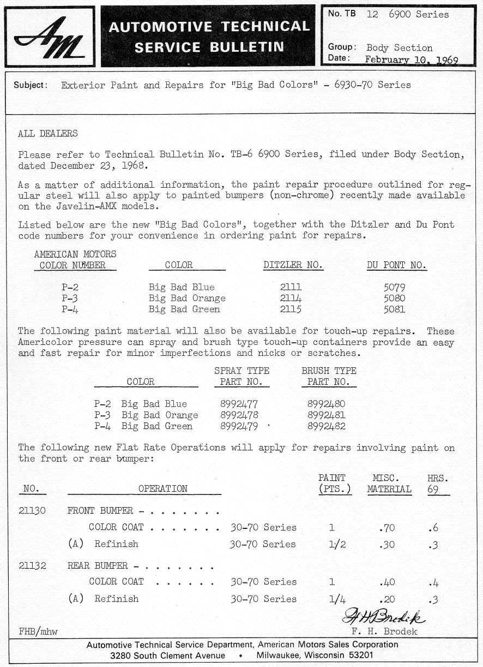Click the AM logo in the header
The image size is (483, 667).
50,37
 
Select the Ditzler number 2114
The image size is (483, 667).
290,298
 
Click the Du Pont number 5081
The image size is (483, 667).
394,309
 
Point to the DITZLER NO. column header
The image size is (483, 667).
293,265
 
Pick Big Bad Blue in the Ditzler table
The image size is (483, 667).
182,287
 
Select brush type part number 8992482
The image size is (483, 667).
326,426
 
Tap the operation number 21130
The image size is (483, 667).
32,511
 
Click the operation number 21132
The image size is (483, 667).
32,565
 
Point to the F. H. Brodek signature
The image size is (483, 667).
384,616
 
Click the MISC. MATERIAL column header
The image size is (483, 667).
389,484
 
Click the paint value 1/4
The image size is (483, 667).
337,599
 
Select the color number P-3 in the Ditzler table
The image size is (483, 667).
73,298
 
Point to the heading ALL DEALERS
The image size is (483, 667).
47,133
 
